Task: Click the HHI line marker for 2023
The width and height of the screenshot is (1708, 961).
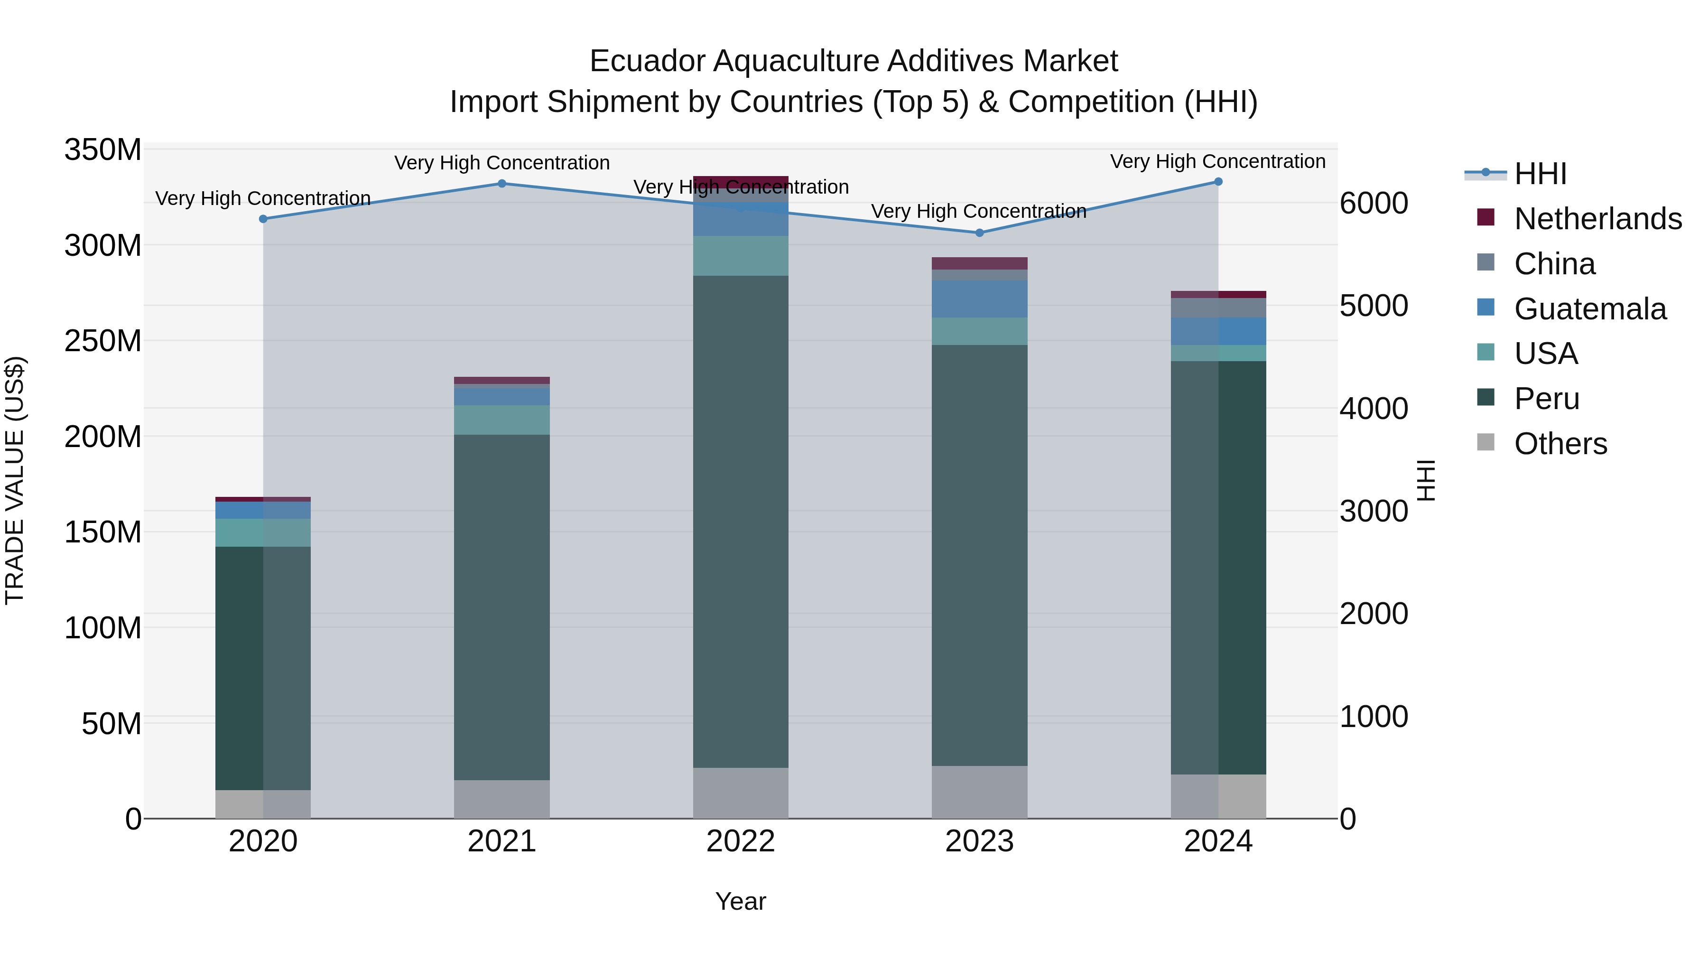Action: point(979,233)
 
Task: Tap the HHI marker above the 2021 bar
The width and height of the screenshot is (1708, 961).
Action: point(502,184)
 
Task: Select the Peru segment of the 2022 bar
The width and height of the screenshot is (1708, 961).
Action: point(741,521)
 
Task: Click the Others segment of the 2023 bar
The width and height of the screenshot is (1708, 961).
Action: point(979,792)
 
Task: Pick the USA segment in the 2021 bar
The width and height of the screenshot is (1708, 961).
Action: point(502,420)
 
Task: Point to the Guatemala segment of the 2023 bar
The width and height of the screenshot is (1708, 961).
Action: point(979,299)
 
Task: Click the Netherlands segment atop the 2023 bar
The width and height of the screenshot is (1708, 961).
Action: point(979,263)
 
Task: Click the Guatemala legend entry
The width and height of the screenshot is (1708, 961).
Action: point(1590,309)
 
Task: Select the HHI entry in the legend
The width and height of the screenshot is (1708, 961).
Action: point(1540,174)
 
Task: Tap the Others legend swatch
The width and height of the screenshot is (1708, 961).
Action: point(1486,442)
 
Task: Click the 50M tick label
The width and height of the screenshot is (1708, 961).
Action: point(111,724)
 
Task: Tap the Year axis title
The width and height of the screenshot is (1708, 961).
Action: point(741,901)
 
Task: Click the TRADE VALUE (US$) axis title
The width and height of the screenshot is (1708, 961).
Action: point(15,480)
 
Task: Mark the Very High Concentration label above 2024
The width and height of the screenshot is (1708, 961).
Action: point(1217,161)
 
